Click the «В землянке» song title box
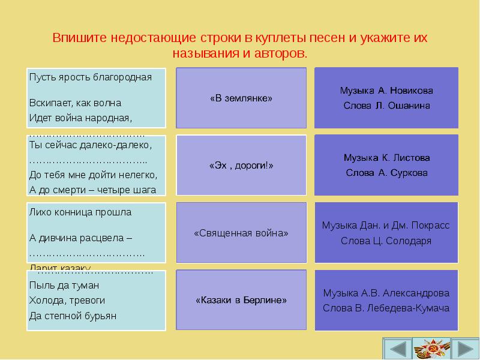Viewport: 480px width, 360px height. click(x=241, y=98)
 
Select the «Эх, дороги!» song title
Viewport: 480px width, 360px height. click(x=241, y=166)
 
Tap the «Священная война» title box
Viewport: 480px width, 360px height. click(x=241, y=233)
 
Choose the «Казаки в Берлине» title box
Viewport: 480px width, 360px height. click(x=241, y=300)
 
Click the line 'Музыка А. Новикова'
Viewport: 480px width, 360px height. click(x=386, y=91)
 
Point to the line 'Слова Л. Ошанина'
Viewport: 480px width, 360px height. click(x=386, y=106)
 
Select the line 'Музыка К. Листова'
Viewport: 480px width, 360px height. click(x=386, y=158)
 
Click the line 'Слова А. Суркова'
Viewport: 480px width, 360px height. click(x=386, y=173)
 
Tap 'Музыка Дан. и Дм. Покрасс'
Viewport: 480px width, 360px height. click(x=386, y=226)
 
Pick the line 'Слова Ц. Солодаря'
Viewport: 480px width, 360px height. click(x=386, y=241)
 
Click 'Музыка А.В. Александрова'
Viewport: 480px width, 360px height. click(x=386, y=293)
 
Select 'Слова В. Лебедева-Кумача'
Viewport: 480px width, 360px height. click(x=386, y=308)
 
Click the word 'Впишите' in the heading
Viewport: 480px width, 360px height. click(x=76, y=38)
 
